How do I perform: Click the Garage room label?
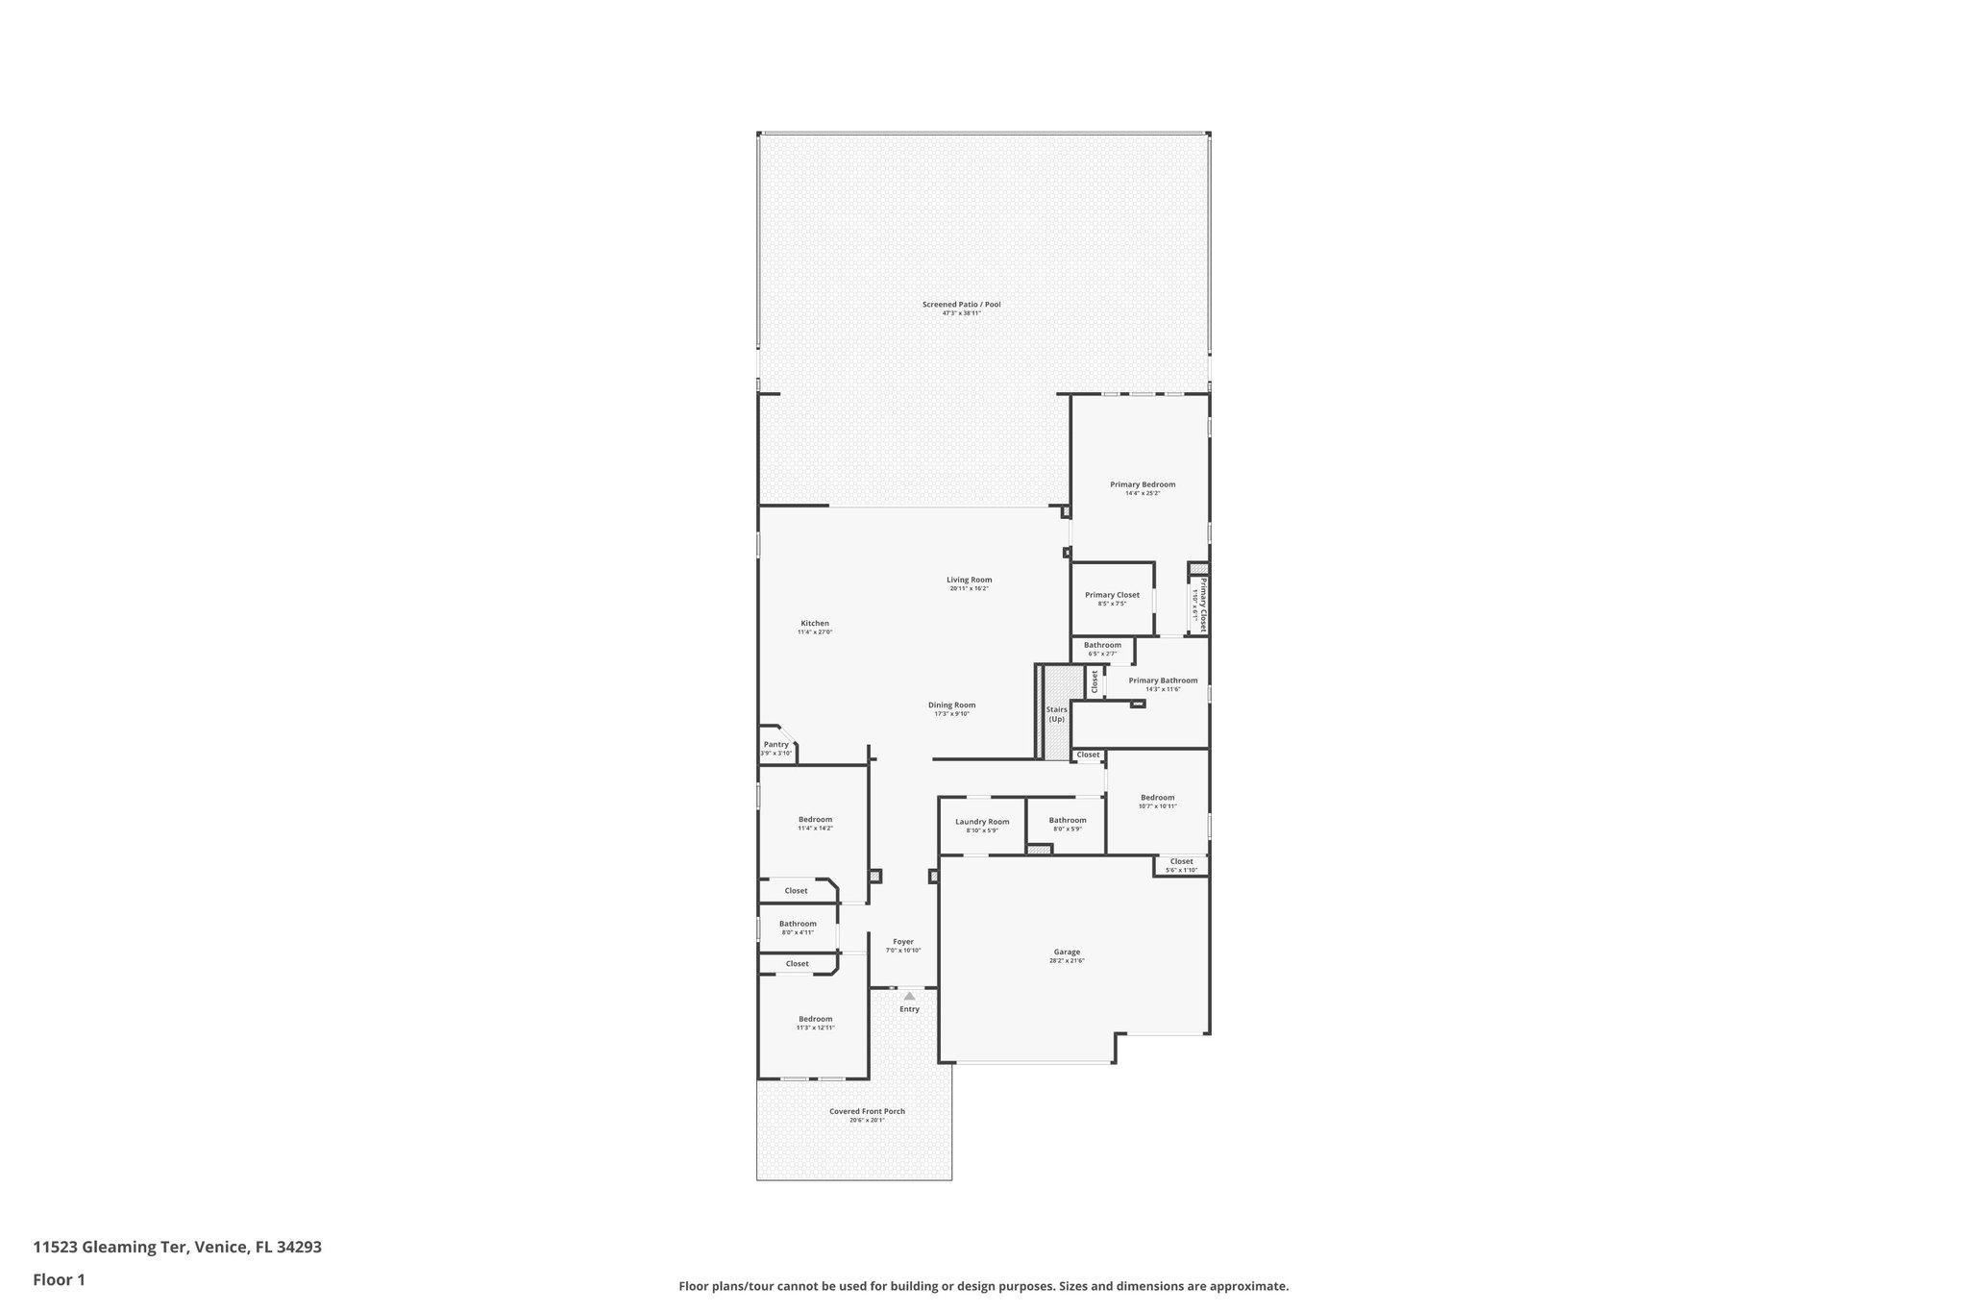(x=1067, y=952)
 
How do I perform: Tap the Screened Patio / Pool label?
(x=961, y=305)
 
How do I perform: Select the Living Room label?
(x=969, y=580)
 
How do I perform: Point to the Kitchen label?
(x=815, y=623)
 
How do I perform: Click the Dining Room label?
(x=951, y=705)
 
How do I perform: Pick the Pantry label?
(x=775, y=744)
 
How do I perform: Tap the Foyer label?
(x=903, y=942)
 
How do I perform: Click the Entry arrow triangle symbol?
(x=909, y=996)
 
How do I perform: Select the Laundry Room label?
(x=982, y=822)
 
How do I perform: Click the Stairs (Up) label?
(x=1057, y=714)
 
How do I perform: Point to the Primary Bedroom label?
(x=1143, y=484)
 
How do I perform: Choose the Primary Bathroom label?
(x=1163, y=681)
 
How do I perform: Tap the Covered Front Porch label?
(x=867, y=1111)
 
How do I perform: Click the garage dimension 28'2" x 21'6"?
(x=1067, y=961)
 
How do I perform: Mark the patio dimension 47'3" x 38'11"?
(x=961, y=313)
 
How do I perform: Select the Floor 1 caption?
(x=60, y=1279)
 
